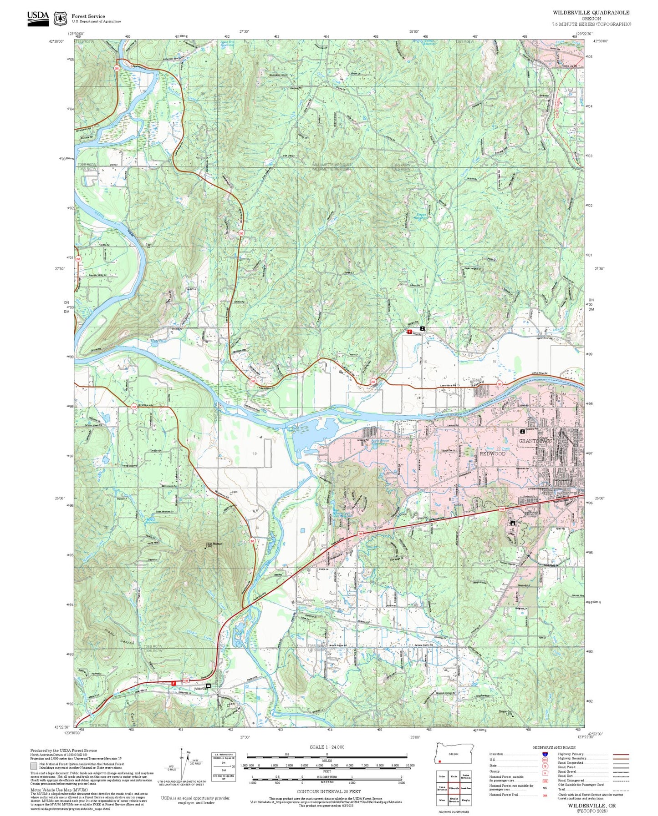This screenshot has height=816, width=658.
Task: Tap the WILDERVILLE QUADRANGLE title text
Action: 591,13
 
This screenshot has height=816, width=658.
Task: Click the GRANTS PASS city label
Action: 535,441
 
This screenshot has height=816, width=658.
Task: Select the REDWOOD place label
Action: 493,453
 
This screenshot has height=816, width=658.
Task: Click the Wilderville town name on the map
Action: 200,689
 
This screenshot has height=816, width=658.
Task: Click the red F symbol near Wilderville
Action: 173,683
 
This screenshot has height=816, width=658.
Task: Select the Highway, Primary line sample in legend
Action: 621,754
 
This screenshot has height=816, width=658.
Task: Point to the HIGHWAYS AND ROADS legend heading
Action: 554,747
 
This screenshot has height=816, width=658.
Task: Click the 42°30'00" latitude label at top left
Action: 56,41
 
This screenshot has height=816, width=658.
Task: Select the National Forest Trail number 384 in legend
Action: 545,795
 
